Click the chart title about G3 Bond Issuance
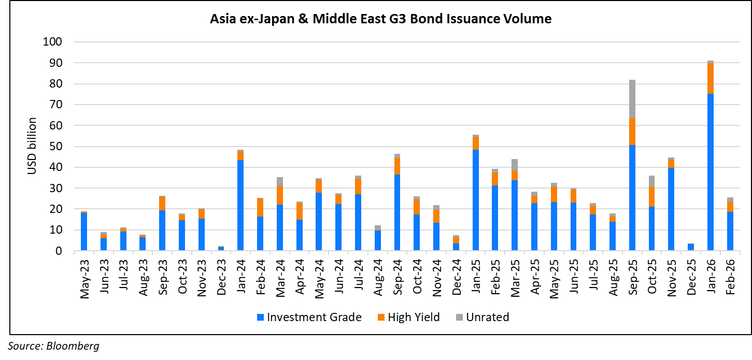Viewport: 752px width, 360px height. [x=380, y=20]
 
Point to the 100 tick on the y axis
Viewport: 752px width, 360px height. [x=54, y=42]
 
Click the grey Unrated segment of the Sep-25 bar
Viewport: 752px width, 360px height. [x=632, y=98]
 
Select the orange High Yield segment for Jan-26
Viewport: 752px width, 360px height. [x=710, y=78]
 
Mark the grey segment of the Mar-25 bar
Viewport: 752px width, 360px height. [x=514, y=164]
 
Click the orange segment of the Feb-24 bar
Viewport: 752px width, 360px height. [x=260, y=207]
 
